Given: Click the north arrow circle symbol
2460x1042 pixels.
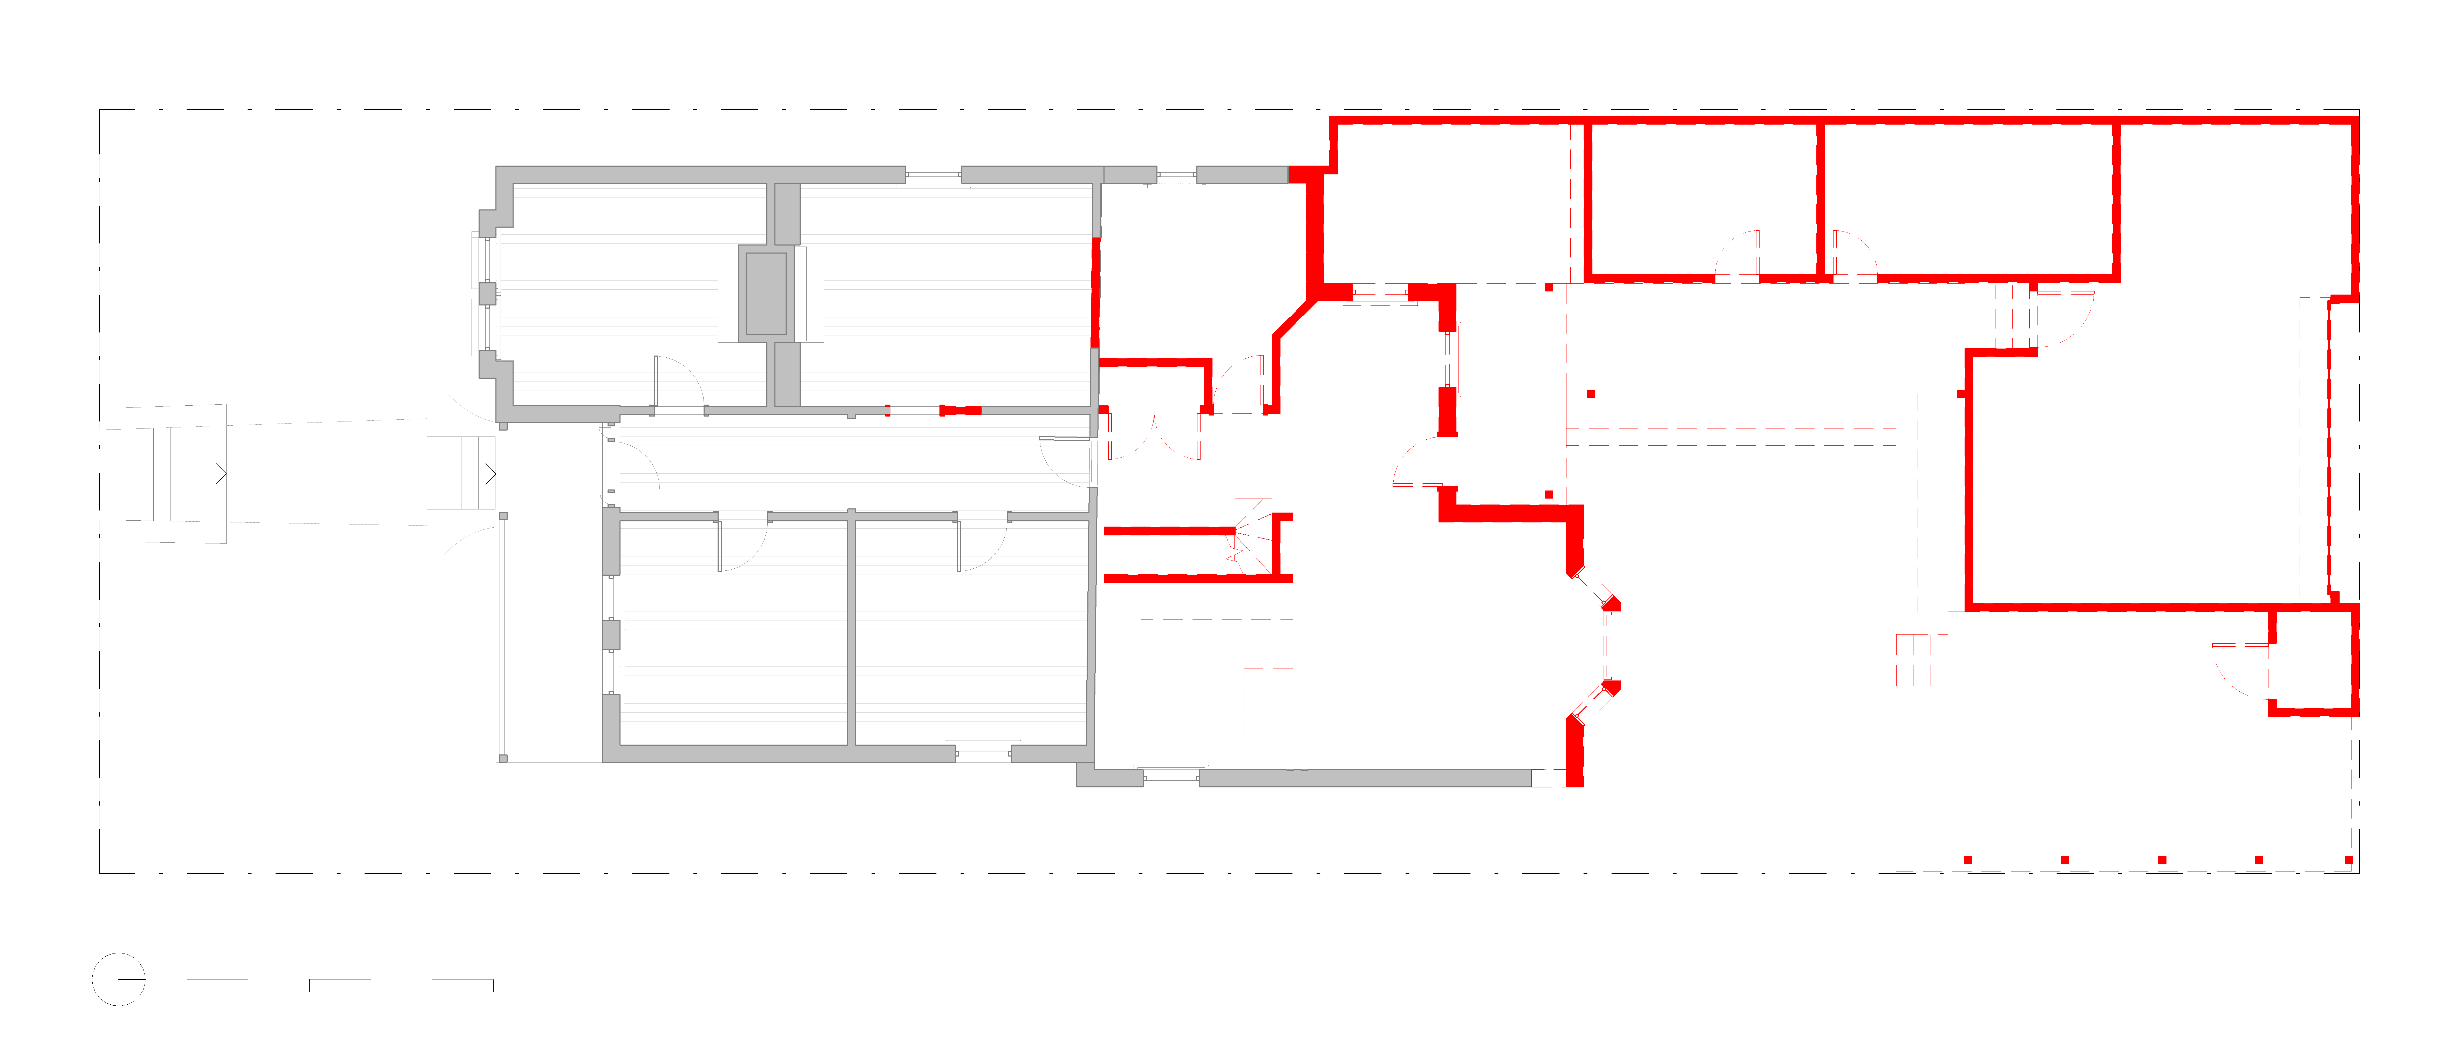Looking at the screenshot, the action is [x=118, y=979].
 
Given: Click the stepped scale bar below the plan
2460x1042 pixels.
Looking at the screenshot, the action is [x=340, y=985].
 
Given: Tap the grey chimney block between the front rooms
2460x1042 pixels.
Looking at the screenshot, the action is [x=766, y=293].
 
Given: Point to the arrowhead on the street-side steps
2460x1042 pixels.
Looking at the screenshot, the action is [x=222, y=474].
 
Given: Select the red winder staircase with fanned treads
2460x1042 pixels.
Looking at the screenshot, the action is [x=1252, y=537].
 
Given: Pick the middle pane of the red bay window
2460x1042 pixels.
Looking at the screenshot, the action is [x=1612, y=646].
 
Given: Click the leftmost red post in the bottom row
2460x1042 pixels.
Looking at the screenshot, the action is [x=1968, y=861].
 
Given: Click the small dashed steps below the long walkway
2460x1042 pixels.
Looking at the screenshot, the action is [x=1921, y=659].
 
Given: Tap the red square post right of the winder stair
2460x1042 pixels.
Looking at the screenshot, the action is [x=1549, y=495].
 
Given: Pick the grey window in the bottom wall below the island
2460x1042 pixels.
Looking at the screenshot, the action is [x=1171, y=775].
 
